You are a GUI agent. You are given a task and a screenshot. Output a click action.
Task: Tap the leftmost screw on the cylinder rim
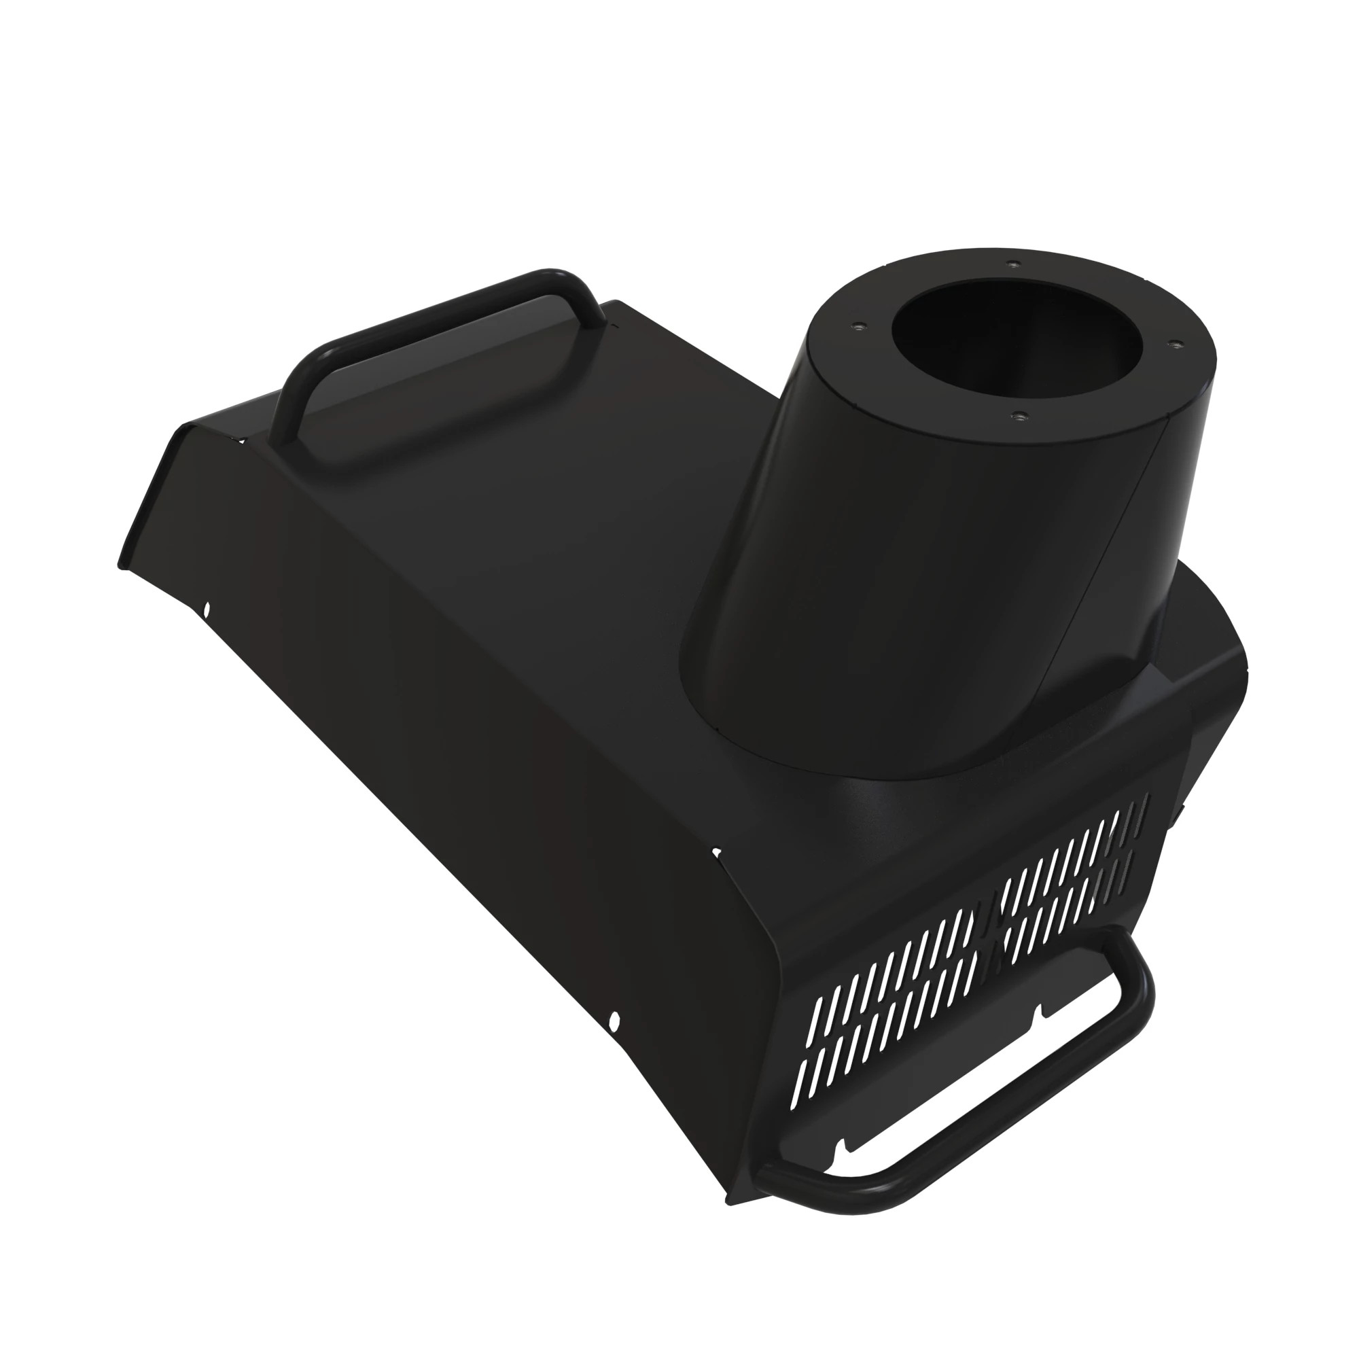pos(856,325)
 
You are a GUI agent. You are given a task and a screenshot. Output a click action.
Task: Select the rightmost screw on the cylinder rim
pos(1172,344)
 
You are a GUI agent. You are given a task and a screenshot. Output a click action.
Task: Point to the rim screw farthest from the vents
pos(1012,263)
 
